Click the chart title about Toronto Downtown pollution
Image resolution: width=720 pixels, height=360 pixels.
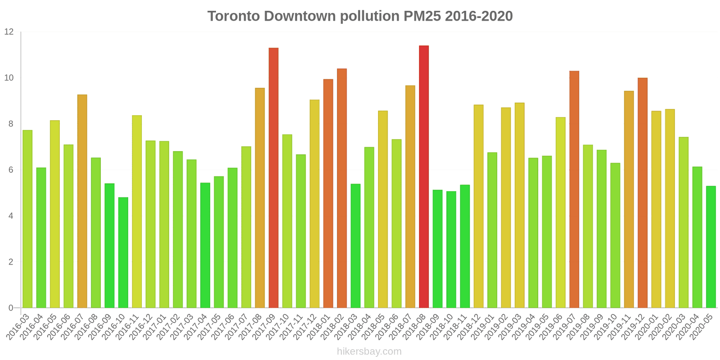pos(360,16)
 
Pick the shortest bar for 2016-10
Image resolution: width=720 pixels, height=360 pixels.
pos(123,252)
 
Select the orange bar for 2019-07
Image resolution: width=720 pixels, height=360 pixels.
pos(574,189)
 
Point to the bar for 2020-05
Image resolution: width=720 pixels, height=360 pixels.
pos(711,247)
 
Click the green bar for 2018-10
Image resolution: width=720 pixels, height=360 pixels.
pos(451,250)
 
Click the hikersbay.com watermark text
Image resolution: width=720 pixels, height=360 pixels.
pos(369,351)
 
